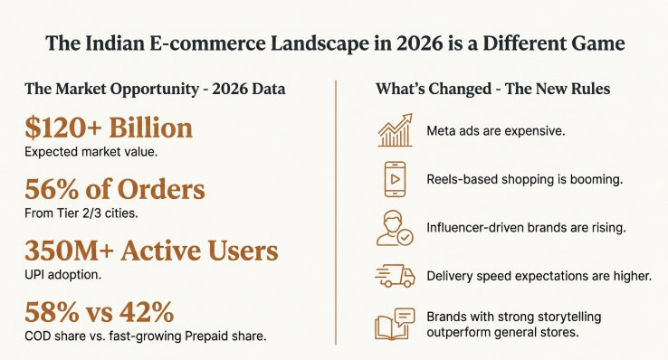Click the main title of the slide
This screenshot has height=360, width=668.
pyautogui.click(x=334, y=43)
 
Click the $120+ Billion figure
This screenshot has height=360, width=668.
pyautogui.click(x=110, y=127)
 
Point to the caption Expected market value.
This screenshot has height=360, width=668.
pyautogui.click(x=91, y=151)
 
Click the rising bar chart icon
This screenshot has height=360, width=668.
pyautogui.click(x=395, y=132)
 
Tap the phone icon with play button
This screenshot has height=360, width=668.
pyautogui.click(x=395, y=179)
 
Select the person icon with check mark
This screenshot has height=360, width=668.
pyautogui.click(x=395, y=227)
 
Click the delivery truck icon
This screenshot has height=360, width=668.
pyautogui.click(x=395, y=275)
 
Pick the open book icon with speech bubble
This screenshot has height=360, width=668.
pyautogui.click(x=395, y=325)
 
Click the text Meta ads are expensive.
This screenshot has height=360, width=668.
pyautogui.click(x=496, y=132)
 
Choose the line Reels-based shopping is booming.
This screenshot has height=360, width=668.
pyautogui.click(x=524, y=179)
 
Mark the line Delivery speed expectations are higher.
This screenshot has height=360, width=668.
pyautogui.click(x=539, y=275)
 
